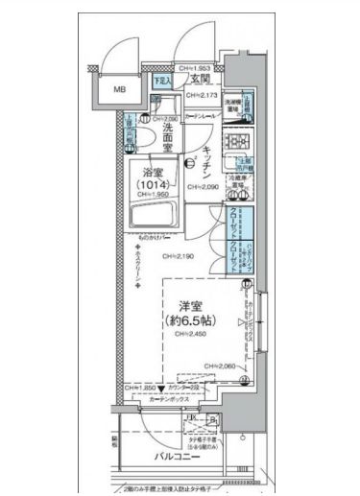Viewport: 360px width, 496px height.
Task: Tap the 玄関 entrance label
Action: tap(200, 78)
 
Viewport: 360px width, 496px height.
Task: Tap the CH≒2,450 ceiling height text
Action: tap(195, 336)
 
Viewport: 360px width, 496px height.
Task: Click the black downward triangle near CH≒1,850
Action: tap(161, 388)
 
